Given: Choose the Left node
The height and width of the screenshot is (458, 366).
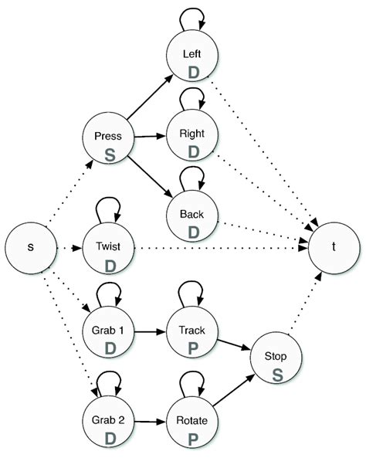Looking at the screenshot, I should (x=193, y=60).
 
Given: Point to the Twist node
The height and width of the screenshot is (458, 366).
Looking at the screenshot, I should (x=108, y=249).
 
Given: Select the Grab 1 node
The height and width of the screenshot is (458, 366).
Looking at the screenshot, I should (x=108, y=334).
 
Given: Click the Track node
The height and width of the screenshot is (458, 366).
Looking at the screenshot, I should (x=193, y=334).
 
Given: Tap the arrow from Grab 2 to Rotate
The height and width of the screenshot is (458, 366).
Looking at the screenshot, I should (x=151, y=423).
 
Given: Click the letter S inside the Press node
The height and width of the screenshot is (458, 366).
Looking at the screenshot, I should (x=110, y=154).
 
